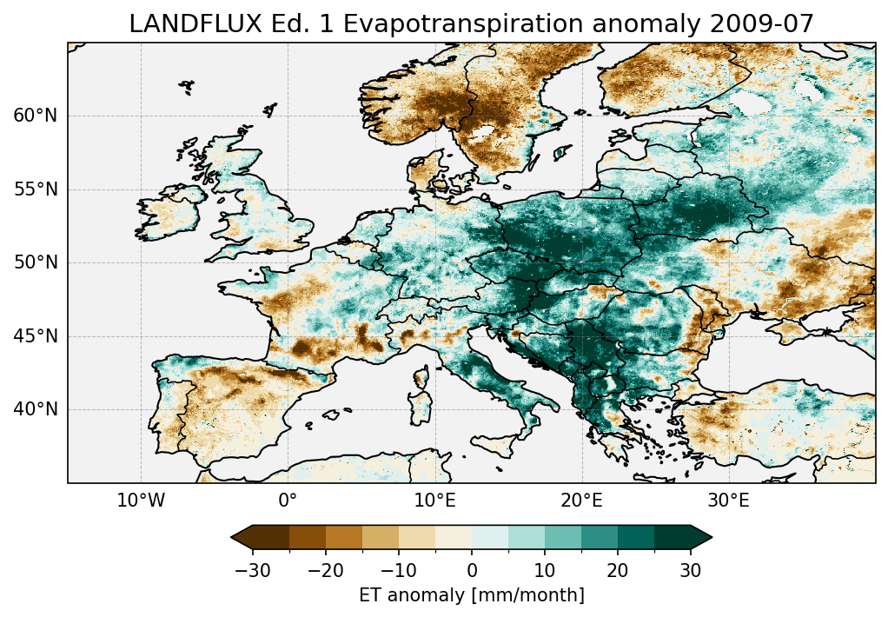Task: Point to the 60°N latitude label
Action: [x=35, y=116]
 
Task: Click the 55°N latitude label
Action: [x=35, y=189]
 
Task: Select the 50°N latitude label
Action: [x=35, y=262]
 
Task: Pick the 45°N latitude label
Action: [x=35, y=336]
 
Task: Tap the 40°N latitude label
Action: [x=35, y=409]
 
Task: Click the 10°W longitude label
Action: [x=141, y=501]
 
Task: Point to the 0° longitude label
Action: [x=288, y=501]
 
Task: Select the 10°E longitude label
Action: [x=434, y=501]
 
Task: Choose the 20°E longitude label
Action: [x=581, y=501]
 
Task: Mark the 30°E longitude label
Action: [x=728, y=501]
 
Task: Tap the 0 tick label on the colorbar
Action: [x=472, y=571]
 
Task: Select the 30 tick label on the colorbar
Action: [x=691, y=571]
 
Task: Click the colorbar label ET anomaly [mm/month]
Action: [x=472, y=595]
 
